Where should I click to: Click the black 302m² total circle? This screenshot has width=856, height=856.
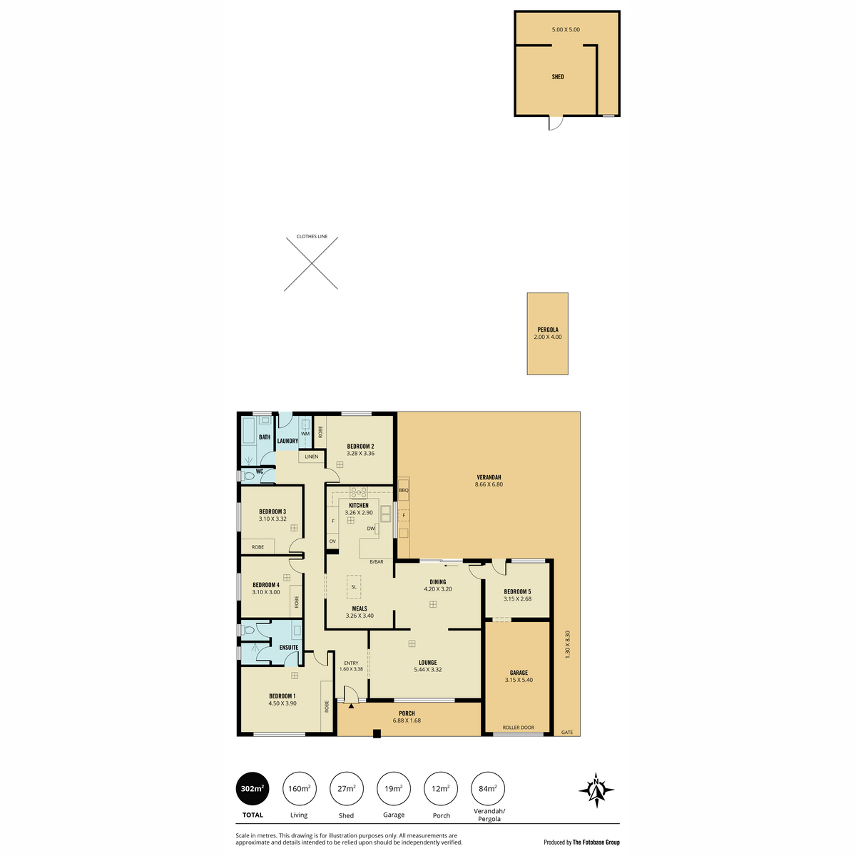click(252, 788)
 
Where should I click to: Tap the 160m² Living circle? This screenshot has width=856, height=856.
click(299, 788)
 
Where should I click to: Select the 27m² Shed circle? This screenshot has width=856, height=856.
click(346, 788)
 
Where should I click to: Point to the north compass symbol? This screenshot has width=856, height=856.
click(596, 790)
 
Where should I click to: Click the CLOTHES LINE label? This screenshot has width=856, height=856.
click(312, 236)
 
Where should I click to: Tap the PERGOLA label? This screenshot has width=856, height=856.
click(548, 330)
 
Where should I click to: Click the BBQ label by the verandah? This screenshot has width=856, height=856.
click(403, 490)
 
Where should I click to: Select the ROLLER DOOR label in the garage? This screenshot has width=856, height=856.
click(519, 728)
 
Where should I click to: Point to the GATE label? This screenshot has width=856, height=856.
click(567, 733)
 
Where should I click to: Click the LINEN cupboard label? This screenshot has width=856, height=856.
click(312, 457)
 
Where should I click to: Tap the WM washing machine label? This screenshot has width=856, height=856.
click(305, 434)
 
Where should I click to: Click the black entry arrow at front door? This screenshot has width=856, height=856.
click(352, 705)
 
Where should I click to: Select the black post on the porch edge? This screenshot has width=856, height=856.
click(377, 734)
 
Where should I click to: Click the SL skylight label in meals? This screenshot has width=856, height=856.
click(354, 587)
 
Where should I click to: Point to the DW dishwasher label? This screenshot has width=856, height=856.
click(370, 529)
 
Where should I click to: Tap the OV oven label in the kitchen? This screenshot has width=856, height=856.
click(332, 541)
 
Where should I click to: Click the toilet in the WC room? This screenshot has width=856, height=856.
click(248, 477)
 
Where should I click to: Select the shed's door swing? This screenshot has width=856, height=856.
click(556, 123)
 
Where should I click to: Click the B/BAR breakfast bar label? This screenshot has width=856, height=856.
click(376, 562)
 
